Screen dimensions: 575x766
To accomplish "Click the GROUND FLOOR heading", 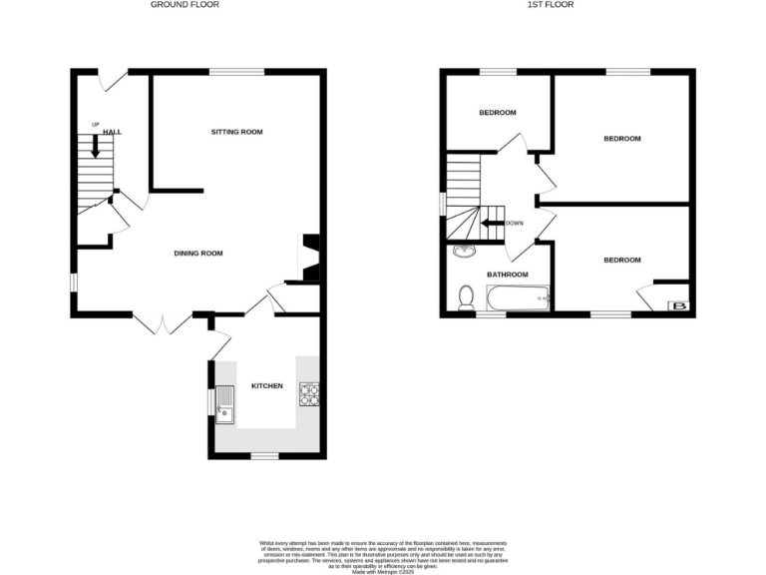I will point(185,5).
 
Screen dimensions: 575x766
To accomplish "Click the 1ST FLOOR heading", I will point(551,5).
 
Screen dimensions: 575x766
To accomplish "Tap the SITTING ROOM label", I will point(236,132).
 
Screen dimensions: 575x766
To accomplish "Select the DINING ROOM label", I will point(198,254).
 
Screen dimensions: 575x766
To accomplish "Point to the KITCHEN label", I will point(267,386).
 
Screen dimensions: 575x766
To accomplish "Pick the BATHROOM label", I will point(506,274).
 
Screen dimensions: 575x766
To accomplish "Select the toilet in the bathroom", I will point(466,297).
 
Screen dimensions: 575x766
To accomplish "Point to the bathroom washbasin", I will point(464,251).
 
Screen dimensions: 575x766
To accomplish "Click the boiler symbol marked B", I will point(680,305).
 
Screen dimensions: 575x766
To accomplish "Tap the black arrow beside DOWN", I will point(492,223).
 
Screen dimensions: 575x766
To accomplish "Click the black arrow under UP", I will point(96,146).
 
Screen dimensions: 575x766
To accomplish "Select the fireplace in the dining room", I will point(309,258).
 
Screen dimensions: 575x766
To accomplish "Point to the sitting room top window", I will point(236,71).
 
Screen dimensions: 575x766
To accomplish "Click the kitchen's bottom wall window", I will point(263,456).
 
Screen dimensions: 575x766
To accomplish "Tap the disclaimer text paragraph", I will point(383,553).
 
